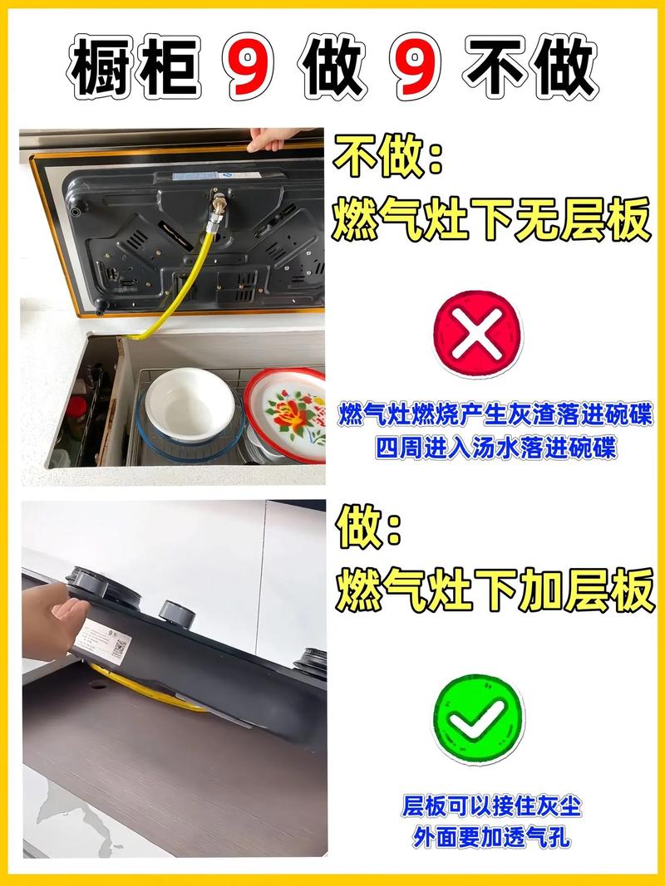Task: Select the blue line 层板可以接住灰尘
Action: [x=491, y=805]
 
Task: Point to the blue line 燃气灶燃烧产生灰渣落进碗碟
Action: [x=495, y=415]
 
